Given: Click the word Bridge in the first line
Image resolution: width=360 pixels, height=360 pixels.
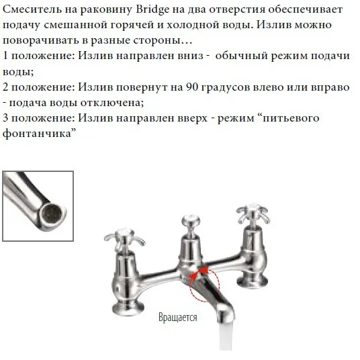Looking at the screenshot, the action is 152,10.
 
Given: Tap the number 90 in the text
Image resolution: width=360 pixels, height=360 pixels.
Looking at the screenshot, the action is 192,87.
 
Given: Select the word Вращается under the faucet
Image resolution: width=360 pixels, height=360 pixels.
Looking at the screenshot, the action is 178,317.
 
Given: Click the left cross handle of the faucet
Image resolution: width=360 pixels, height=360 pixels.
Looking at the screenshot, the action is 124,239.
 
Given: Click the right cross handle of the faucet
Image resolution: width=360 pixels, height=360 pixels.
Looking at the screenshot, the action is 253,214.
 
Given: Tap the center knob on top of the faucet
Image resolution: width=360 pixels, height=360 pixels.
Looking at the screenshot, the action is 191,222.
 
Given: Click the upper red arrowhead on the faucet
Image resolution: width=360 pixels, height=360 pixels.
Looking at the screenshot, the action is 204,269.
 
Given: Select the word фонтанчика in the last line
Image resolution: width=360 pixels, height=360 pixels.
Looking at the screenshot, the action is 39,134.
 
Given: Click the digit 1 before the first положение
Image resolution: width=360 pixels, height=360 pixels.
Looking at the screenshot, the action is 5,56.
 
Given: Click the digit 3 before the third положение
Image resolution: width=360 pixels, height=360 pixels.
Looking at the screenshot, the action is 5,118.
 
